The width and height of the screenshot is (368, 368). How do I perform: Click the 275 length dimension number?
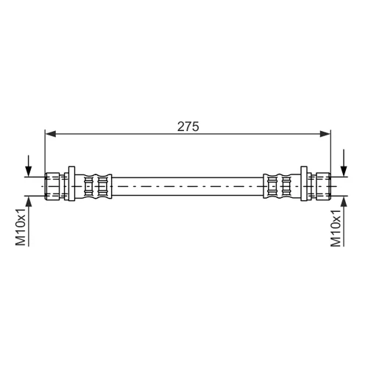(188, 127)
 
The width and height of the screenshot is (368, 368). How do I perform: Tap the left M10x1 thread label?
(21, 227)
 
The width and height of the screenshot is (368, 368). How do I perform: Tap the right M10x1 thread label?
(336, 228)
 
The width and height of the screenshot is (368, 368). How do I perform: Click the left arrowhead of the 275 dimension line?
(51, 134)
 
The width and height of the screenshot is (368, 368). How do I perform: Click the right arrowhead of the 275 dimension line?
(325, 134)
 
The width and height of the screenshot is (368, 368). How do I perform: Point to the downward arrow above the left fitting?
(29, 166)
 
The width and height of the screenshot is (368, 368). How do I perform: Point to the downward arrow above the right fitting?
(344, 163)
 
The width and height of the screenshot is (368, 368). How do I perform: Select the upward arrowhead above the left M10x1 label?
(29, 202)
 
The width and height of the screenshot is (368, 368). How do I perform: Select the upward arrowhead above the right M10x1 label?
(344, 202)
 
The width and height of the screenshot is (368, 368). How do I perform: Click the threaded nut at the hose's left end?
(52, 186)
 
